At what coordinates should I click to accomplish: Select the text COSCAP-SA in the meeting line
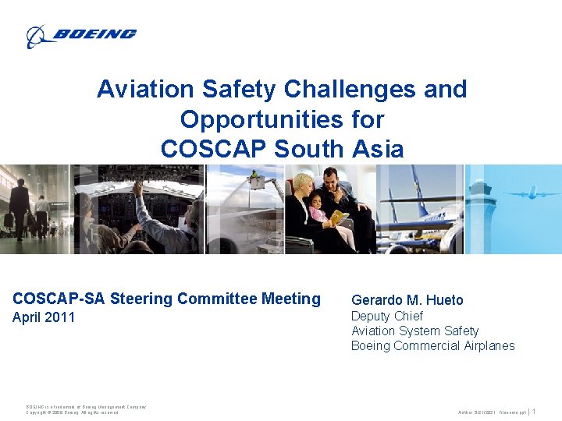point(59,299)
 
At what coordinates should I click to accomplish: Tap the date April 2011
point(44,317)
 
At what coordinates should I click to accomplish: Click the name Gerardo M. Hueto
point(407,300)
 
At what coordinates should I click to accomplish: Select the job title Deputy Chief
point(386,316)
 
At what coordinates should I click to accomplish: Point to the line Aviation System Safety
point(414,331)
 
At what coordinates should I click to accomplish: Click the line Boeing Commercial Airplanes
point(432,345)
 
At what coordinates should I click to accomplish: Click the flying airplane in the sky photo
point(532,193)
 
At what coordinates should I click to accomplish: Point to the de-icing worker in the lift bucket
point(255,179)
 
